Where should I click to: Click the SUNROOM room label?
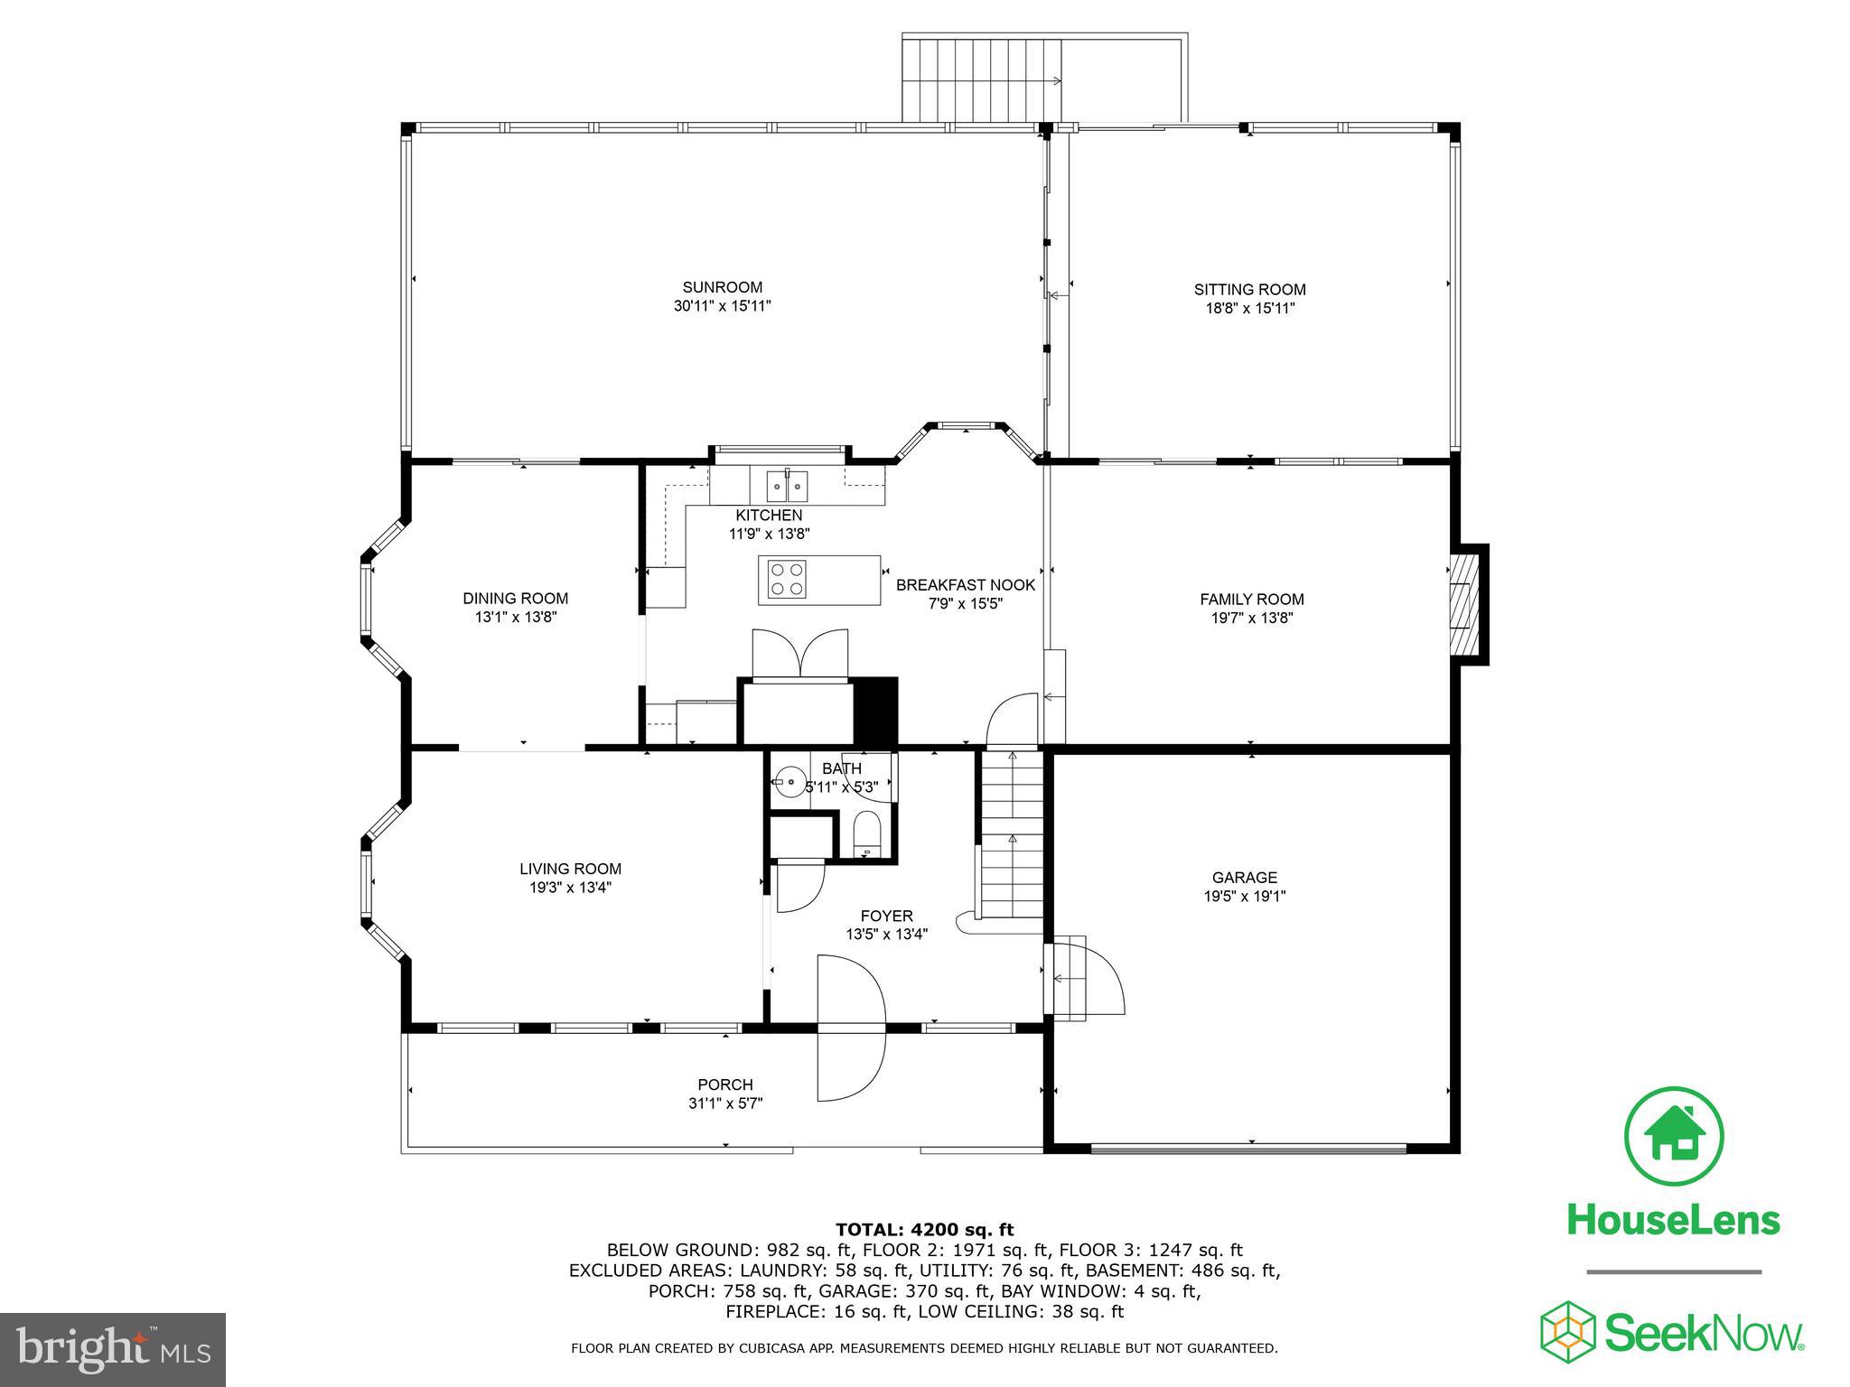point(722,288)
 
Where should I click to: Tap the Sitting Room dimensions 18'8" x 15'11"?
point(1249,308)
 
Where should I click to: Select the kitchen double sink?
point(787,486)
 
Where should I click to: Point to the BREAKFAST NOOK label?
point(965,585)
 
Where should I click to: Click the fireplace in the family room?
point(1465,603)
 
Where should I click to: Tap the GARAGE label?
point(1244,877)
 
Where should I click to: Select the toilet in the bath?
point(865,833)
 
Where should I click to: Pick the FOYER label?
point(886,916)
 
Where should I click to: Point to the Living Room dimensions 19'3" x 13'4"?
point(570,888)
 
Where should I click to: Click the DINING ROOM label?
point(515,598)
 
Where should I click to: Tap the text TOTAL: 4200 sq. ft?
point(924,1230)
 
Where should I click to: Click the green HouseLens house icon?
point(1674,1137)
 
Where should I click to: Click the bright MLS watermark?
point(112,1349)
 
